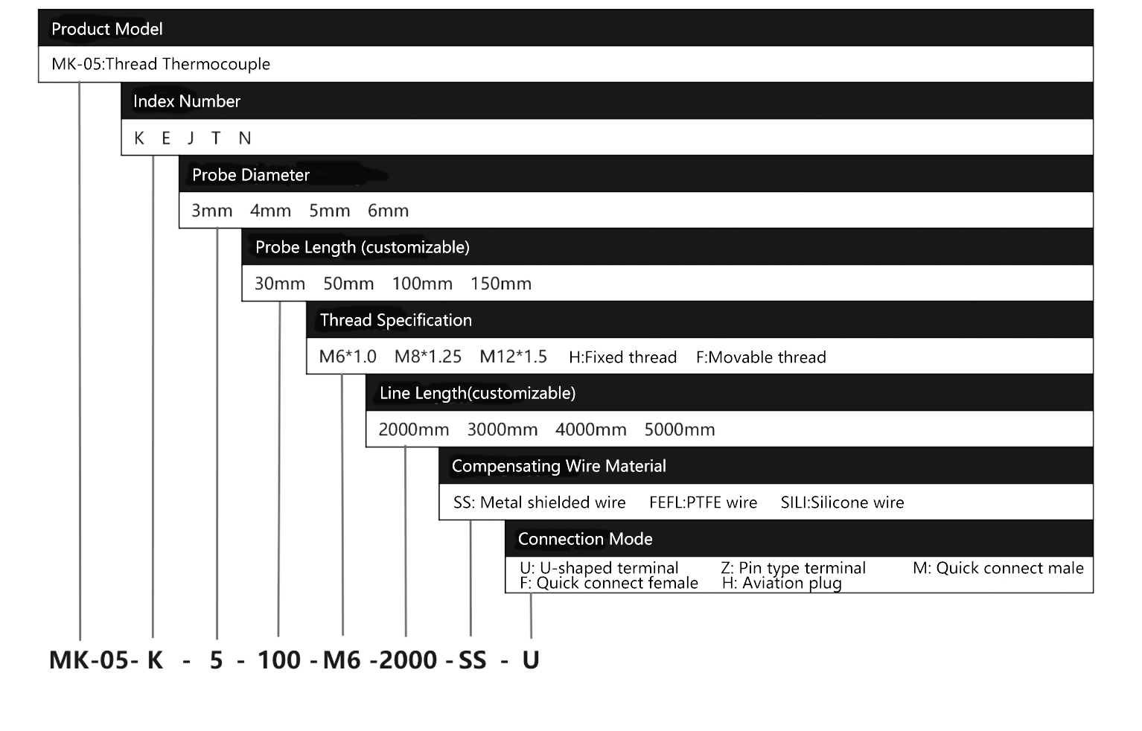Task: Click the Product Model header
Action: (x=106, y=29)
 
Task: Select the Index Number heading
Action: (x=186, y=101)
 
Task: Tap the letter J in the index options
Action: (x=191, y=138)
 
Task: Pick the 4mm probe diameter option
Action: (x=270, y=211)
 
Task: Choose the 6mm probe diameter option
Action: (x=388, y=211)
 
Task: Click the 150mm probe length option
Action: (x=500, y=284)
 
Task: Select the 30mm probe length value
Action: (x=280, y=284)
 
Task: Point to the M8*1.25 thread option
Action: (x=427, y=357)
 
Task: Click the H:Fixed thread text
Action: (x=622, y=357)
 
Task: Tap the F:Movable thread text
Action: (x=761, y=357)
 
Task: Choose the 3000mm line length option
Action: (x=502, y=430)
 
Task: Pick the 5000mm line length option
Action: (x=679, y=430)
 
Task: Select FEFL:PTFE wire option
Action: (x=703, y=502)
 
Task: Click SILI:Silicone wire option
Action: (x=842, y=502)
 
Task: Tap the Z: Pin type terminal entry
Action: (x=793, y=568)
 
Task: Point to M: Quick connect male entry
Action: (x=998, y=568)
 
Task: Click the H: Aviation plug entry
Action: (x=782, y=583)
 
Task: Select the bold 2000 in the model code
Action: (x=408, y=660)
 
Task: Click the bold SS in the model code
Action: (x=472, y=660)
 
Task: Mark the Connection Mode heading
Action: (x=584, y=539)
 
